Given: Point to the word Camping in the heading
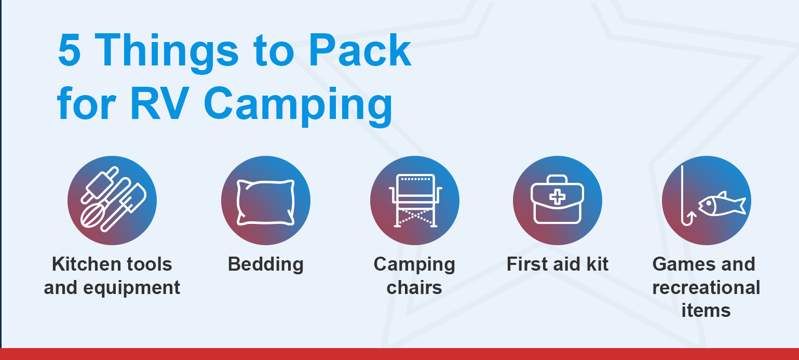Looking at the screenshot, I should (301, 105).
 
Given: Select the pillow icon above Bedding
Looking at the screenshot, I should (265, 202).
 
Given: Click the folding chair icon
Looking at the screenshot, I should (414, 200).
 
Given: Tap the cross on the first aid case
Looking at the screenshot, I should (557, 196).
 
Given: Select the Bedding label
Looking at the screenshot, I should (265, 264).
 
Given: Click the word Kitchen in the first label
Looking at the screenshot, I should (83, 264).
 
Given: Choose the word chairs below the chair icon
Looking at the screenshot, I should (414, 287).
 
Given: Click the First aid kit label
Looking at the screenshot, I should (557, 264).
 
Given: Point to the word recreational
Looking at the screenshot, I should (706, 287).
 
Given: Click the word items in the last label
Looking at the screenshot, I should (706, 310).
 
